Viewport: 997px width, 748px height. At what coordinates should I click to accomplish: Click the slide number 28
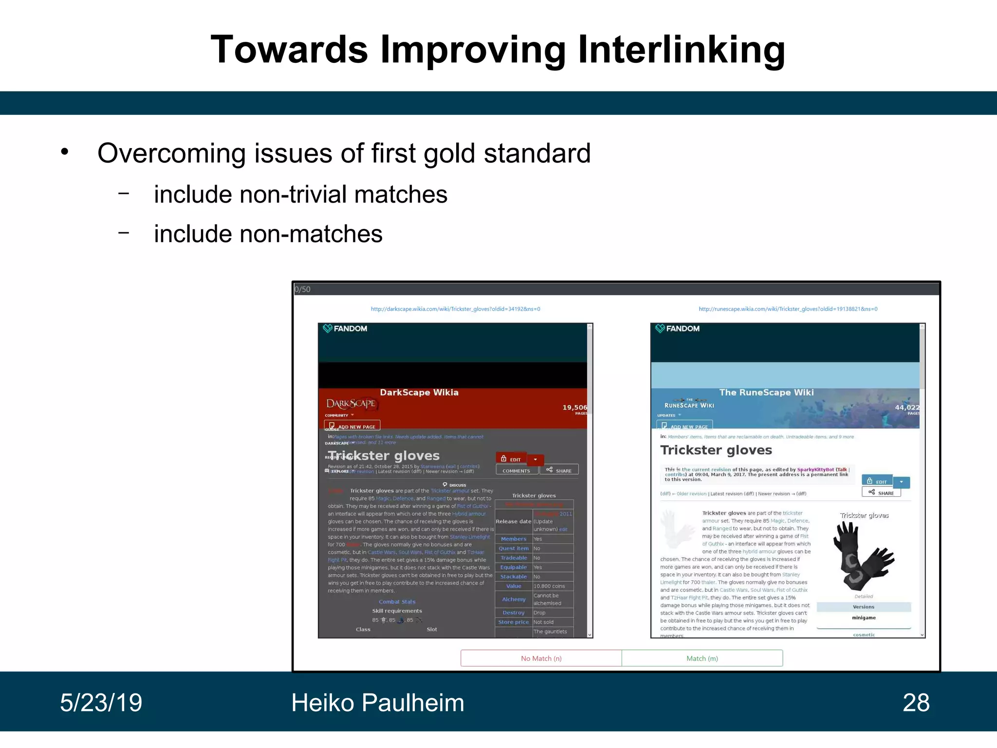coord(916,703)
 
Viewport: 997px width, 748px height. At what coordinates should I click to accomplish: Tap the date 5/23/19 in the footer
coord(101,703)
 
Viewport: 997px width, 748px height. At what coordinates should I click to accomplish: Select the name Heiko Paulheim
coord(377,703)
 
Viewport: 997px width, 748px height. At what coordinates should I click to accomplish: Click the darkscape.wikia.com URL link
coord(455,309)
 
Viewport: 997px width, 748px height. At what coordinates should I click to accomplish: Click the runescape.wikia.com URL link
coord(788,309)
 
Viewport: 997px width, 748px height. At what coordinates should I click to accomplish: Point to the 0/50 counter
coord(302,289)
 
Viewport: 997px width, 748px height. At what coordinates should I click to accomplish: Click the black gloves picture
coord(863,556)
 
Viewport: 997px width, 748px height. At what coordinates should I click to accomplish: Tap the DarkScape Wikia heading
coord(419,393)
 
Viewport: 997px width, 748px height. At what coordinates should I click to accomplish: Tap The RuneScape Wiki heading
coord(766,393)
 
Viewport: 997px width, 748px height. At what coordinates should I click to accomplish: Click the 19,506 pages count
coord(574,408)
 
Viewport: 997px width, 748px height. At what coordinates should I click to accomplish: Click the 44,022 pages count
coord(907,408)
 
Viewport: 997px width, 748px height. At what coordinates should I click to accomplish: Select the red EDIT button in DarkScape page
coord(511,459)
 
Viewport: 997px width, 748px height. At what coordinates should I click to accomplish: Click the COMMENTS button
coord(516,470)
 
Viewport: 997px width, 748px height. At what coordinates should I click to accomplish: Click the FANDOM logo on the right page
coord(678,329)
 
